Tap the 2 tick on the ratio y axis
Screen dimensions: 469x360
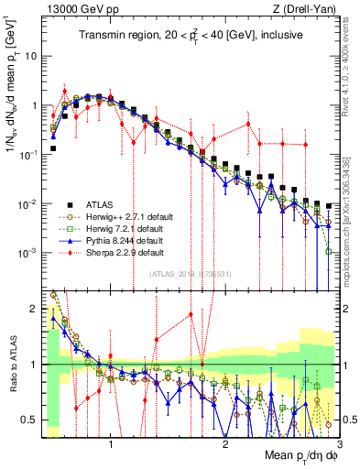click(37, 309)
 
